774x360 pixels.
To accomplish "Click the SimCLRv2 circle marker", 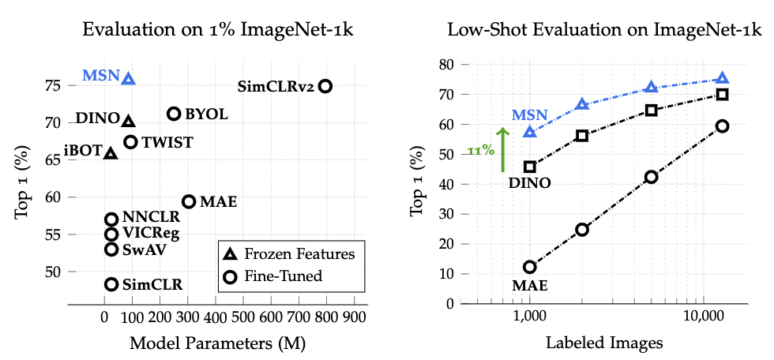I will click(x=325, y=86).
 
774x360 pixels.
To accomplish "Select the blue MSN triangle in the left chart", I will click(x=128, y=78).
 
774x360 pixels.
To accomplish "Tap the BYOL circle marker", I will click(x=175, y=114).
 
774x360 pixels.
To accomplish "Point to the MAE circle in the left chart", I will click(x=189, y=202).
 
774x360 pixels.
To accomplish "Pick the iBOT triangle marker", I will click(x=111, y=152).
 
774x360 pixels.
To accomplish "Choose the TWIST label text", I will click(x=167, y=143).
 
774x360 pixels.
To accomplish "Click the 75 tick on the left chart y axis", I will click(x=51, y=85).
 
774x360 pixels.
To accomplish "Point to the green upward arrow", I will click(x=501, y=150).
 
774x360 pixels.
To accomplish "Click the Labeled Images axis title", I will click(x=603, y=343).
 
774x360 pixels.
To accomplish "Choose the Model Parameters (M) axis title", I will click(x=217, y=343).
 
